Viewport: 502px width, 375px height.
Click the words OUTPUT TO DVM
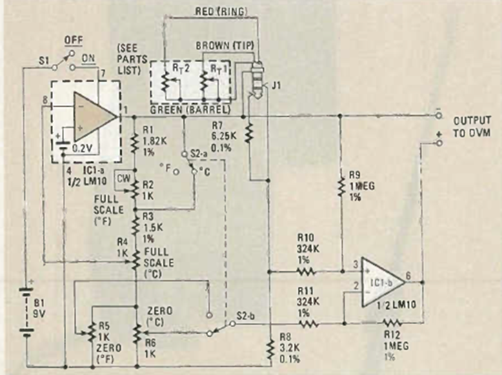tap(472, 127)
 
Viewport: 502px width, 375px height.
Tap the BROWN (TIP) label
tap(225, 46)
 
